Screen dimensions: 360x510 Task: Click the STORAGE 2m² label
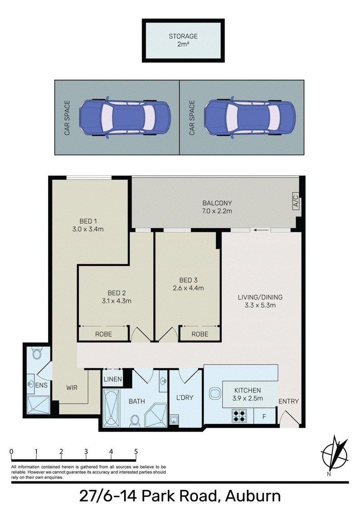(183, 40)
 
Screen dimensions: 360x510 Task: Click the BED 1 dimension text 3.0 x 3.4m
(88, 229)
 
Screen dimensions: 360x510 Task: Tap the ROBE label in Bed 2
(103, 334)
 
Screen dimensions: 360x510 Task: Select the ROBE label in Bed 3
(200, 334)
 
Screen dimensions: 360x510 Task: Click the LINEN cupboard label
(113, 379)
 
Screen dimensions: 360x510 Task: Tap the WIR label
(72, 388)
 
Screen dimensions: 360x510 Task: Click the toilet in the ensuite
(37, 352)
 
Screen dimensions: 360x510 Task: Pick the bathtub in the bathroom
(111, 408)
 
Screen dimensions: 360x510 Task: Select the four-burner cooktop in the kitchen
(239, 416)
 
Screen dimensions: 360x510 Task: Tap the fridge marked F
(264, 416)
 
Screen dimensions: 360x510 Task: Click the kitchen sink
(215, 393)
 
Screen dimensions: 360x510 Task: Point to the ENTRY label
(288, 402)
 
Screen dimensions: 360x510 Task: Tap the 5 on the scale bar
(136, 451)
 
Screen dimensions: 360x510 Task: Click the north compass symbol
(334, 454)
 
